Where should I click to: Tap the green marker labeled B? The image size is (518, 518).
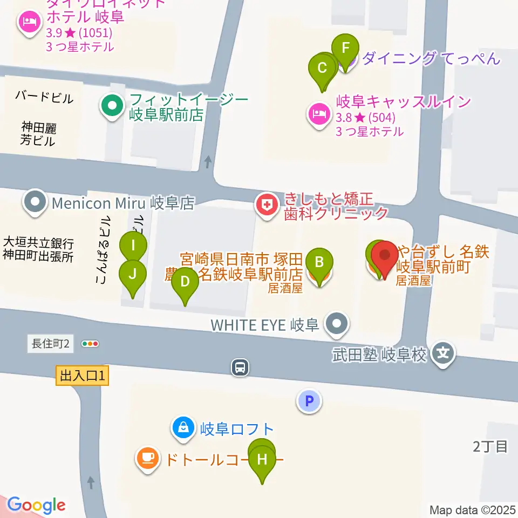(319, 263)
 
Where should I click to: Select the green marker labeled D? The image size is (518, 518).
(185, 282)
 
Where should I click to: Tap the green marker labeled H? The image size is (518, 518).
(262, 460)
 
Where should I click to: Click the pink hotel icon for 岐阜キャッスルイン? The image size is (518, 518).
(318, 114)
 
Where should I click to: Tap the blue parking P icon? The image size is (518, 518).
(309, 401)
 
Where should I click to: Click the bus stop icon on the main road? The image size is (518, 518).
(240, 367)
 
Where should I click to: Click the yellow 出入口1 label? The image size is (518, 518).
(82, 376)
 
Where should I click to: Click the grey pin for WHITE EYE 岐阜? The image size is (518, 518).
(338, 324)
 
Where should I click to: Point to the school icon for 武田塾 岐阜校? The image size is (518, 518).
(444, 355)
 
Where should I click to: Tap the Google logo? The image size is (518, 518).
(36, 505)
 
